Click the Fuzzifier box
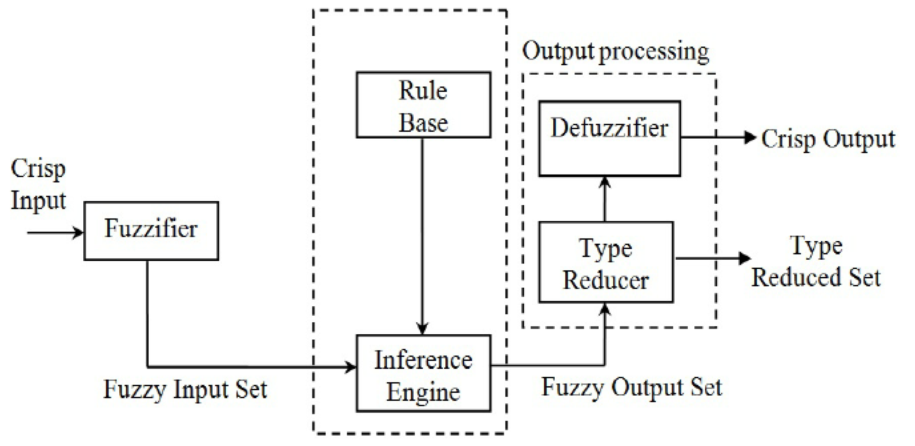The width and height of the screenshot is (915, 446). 151,231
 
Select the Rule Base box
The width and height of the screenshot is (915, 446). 423,105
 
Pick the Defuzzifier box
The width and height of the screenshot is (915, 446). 610,139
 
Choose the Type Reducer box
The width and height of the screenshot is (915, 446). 606,262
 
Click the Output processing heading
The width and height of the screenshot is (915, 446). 615,52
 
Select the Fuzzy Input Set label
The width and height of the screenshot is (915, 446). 185,389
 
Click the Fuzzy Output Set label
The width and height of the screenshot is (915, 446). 631,387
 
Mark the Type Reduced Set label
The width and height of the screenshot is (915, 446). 816,262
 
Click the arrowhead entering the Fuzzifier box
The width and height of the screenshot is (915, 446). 78,233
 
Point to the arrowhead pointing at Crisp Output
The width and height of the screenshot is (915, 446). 749,137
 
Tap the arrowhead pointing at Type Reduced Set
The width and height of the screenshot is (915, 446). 745,258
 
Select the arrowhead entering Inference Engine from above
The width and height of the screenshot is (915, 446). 422,329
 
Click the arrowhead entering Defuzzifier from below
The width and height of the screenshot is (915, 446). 604,182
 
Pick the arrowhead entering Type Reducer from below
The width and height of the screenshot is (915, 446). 604,309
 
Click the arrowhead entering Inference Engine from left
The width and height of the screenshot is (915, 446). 351,367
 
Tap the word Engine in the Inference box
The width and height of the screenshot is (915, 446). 423,392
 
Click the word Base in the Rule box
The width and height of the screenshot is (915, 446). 423,123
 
